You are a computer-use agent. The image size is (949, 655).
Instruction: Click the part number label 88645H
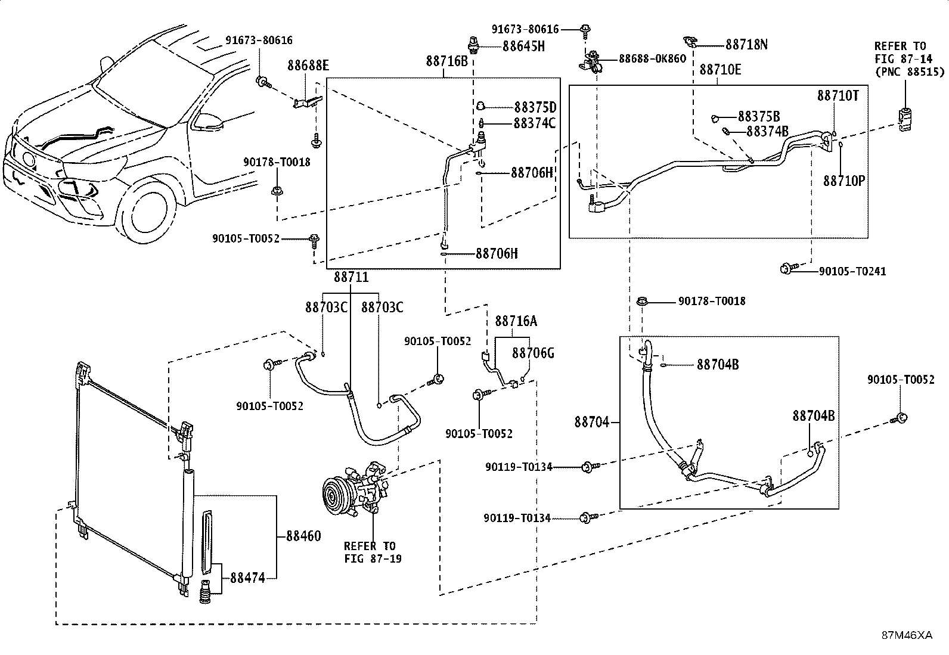523,46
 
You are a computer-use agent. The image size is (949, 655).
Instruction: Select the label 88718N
746,44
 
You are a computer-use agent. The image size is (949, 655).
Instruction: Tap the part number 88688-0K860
652,58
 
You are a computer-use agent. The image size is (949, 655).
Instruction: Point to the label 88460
303,536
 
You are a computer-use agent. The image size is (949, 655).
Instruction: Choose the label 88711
351,277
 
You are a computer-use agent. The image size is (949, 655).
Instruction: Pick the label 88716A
516,321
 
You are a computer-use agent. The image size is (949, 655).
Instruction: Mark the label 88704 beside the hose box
592,422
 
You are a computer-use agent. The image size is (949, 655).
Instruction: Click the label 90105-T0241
852,271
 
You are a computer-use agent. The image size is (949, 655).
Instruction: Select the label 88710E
720,70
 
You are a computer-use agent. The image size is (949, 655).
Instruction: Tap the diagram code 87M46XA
907,635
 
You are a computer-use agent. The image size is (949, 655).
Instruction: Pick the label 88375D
535,107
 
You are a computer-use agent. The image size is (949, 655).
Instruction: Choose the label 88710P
843,181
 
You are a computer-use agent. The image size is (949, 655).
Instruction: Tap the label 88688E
308,66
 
